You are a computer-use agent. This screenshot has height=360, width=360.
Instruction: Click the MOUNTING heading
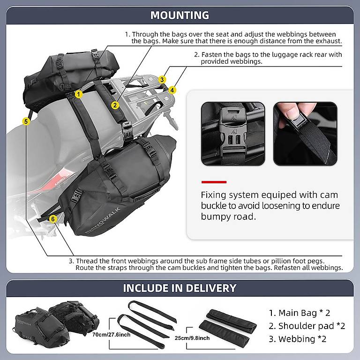point(180,15)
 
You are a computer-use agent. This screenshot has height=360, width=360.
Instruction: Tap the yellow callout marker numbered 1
point(79,94)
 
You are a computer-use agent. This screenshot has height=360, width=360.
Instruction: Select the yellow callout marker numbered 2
point(115,105)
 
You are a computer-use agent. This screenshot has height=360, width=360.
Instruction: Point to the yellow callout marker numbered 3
point(162,80)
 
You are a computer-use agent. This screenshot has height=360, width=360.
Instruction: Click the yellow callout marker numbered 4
point(172,90)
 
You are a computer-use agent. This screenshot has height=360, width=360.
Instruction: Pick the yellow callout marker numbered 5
point(26,121)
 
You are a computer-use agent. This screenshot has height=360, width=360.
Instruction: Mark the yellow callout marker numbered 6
point(52,219)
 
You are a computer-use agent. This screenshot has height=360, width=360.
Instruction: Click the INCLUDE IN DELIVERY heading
point(180,288)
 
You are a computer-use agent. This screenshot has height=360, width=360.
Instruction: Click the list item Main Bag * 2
point(299,313)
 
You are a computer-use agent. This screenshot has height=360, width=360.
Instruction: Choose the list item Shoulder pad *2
point(307,326)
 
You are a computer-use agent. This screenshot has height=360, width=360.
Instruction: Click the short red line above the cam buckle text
point(214,182)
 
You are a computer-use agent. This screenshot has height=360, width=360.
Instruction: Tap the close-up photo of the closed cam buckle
point(232,134)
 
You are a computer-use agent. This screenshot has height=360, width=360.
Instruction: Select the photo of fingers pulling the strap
point(305,134)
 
